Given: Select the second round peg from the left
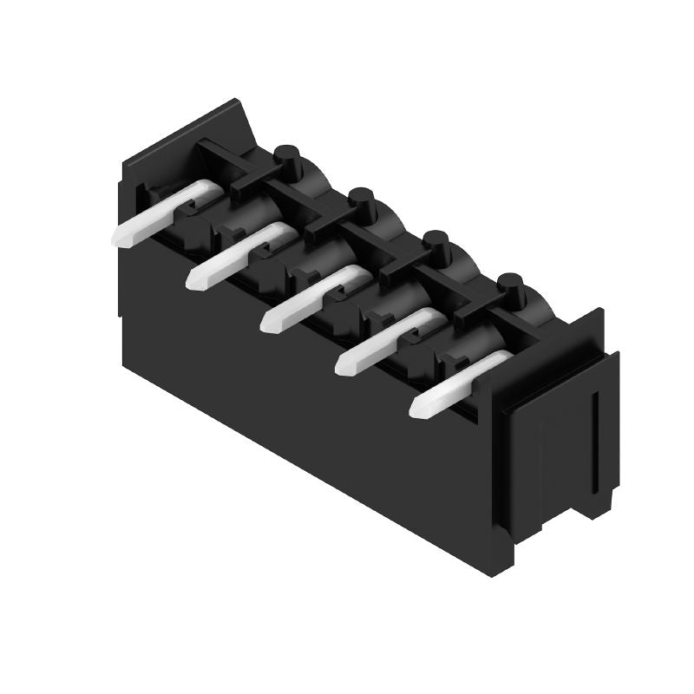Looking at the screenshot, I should coord(363,200).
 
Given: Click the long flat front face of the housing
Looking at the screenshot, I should coord(304,408).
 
